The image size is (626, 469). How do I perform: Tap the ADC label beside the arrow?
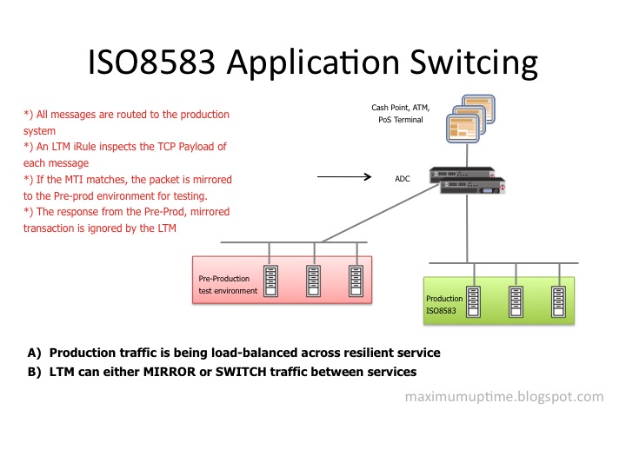pos(401,178)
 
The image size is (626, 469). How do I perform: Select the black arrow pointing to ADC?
pos(345,178)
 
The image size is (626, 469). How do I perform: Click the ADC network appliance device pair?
pos(469,177)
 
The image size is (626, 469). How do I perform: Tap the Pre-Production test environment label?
pos(228,285)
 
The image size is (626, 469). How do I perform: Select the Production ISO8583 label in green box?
pos(445,303)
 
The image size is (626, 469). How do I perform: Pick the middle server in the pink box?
pos(313,281)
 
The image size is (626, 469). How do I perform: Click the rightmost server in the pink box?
pos(356,281)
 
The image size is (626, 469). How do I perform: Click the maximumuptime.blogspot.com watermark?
pos(504,397)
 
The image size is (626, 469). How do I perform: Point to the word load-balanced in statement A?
pos(216,353)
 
